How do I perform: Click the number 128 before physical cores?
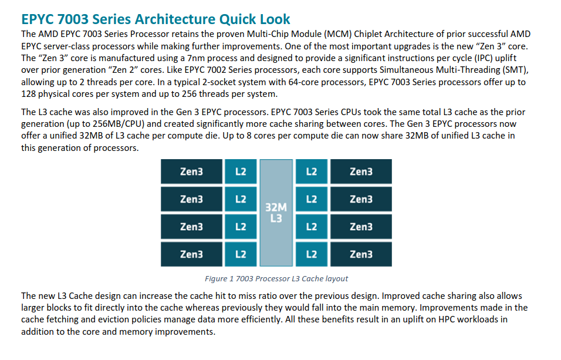(x=29, y=94)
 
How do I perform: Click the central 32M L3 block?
(x=276, y=213)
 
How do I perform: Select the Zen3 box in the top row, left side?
(x=191, y=171)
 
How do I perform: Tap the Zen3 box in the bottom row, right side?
(x=361, y=254)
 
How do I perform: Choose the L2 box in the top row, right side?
(x=312, y=171)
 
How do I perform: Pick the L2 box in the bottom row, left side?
(x=241, y=254)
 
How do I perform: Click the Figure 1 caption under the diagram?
(x=276, y=279)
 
